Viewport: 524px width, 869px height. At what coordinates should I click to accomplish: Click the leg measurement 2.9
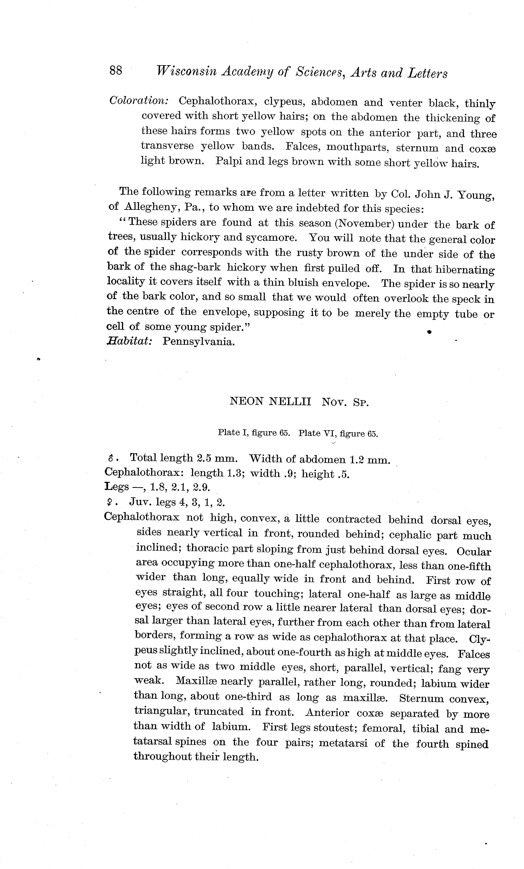[202, 487]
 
